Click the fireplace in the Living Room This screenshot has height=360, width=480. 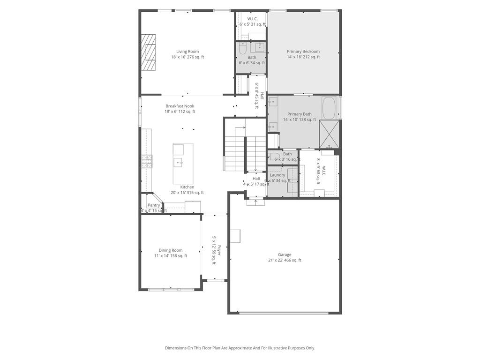[150, 52]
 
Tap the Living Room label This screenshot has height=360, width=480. [187, 52]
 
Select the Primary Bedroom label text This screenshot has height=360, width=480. [303, 52]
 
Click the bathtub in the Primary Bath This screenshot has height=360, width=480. [329, 107]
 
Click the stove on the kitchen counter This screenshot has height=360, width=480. [147, 161]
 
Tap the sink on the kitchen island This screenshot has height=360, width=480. [179, 162]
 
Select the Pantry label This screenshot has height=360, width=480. [154, 205]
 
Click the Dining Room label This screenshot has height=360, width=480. [171, 250]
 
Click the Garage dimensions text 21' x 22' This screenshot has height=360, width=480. [285, 260]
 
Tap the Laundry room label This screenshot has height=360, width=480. [277, 175]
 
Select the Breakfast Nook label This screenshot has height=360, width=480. [180, 106]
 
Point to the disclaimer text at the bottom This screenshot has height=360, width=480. [240, 348]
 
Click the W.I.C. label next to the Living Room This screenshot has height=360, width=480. [252, 19]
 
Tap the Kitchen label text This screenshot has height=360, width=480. [187, 187]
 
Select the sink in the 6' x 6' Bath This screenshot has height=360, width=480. [259, 47]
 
